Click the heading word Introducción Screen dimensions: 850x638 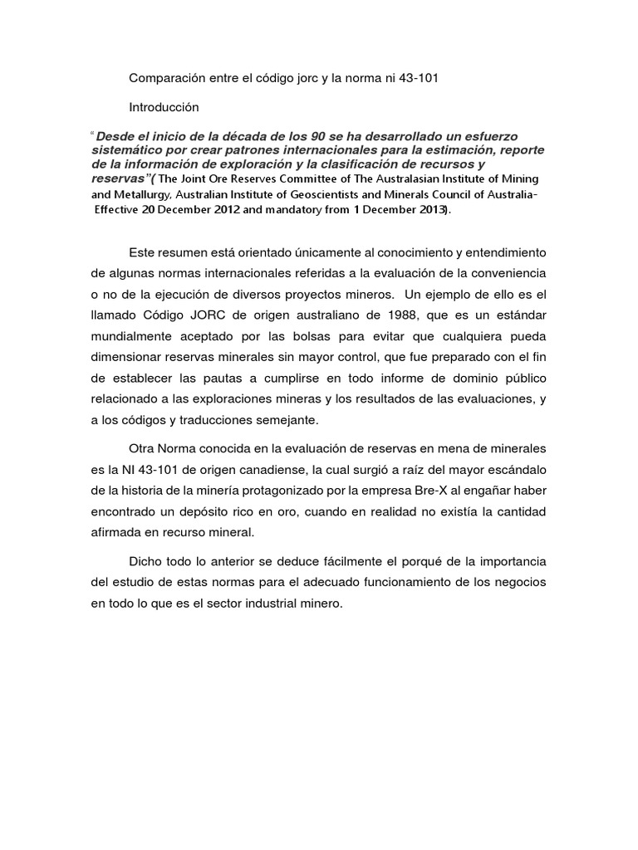click(x=164, y=107)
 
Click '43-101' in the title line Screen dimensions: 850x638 click(x=419, y=79)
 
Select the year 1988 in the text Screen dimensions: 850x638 click(x=371, y=316)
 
